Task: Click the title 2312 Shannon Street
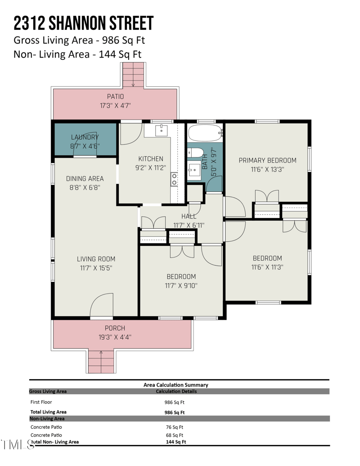[x=83, y=23]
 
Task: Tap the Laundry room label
[x=85, y=137]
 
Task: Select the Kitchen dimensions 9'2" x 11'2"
[x=150, y=167]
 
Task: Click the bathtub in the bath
[x=205, y=133]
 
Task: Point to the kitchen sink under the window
[x=162, y=131]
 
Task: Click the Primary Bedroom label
[x=267, y=160]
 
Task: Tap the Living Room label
[x=95, y=259]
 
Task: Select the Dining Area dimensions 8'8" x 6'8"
[x=85, y=187]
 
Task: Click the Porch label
[x=115, y=328]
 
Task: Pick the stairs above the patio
[x=133, y=75]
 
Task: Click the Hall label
[x=189, y=217]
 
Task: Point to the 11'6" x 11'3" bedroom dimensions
[x=267, y=267]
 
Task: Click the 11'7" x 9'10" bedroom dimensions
[x=181, y=285]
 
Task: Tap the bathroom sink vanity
[x=195, y=170]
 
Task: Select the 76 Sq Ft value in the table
[x=175, y=427]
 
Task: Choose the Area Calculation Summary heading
[x=175, y=385]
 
